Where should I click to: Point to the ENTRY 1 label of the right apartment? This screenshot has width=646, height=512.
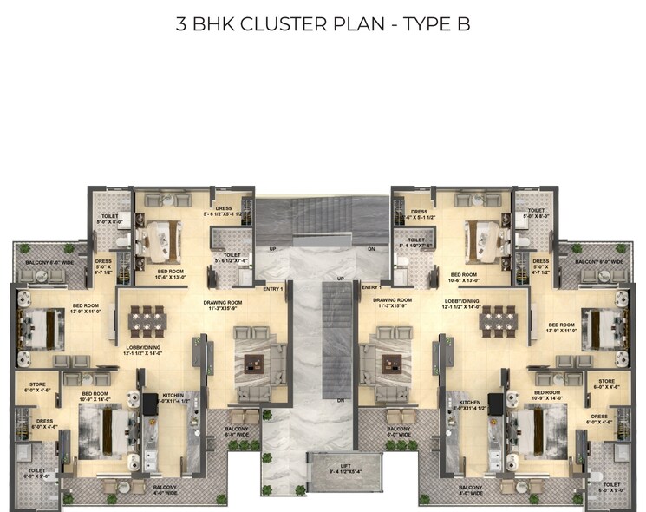(x=371, y=287)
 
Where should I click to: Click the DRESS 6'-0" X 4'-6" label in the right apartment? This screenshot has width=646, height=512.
(x=599, y=420)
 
